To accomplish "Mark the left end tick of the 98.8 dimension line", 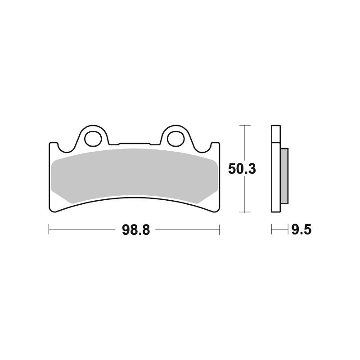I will pos(49,230).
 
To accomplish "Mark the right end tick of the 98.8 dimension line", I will pos(219,230).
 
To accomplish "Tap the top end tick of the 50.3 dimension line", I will pos(244,125).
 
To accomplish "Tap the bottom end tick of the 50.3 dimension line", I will pos(244,212).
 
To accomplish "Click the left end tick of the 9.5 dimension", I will pos(272,230).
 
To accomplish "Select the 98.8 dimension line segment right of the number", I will pos(187,230).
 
